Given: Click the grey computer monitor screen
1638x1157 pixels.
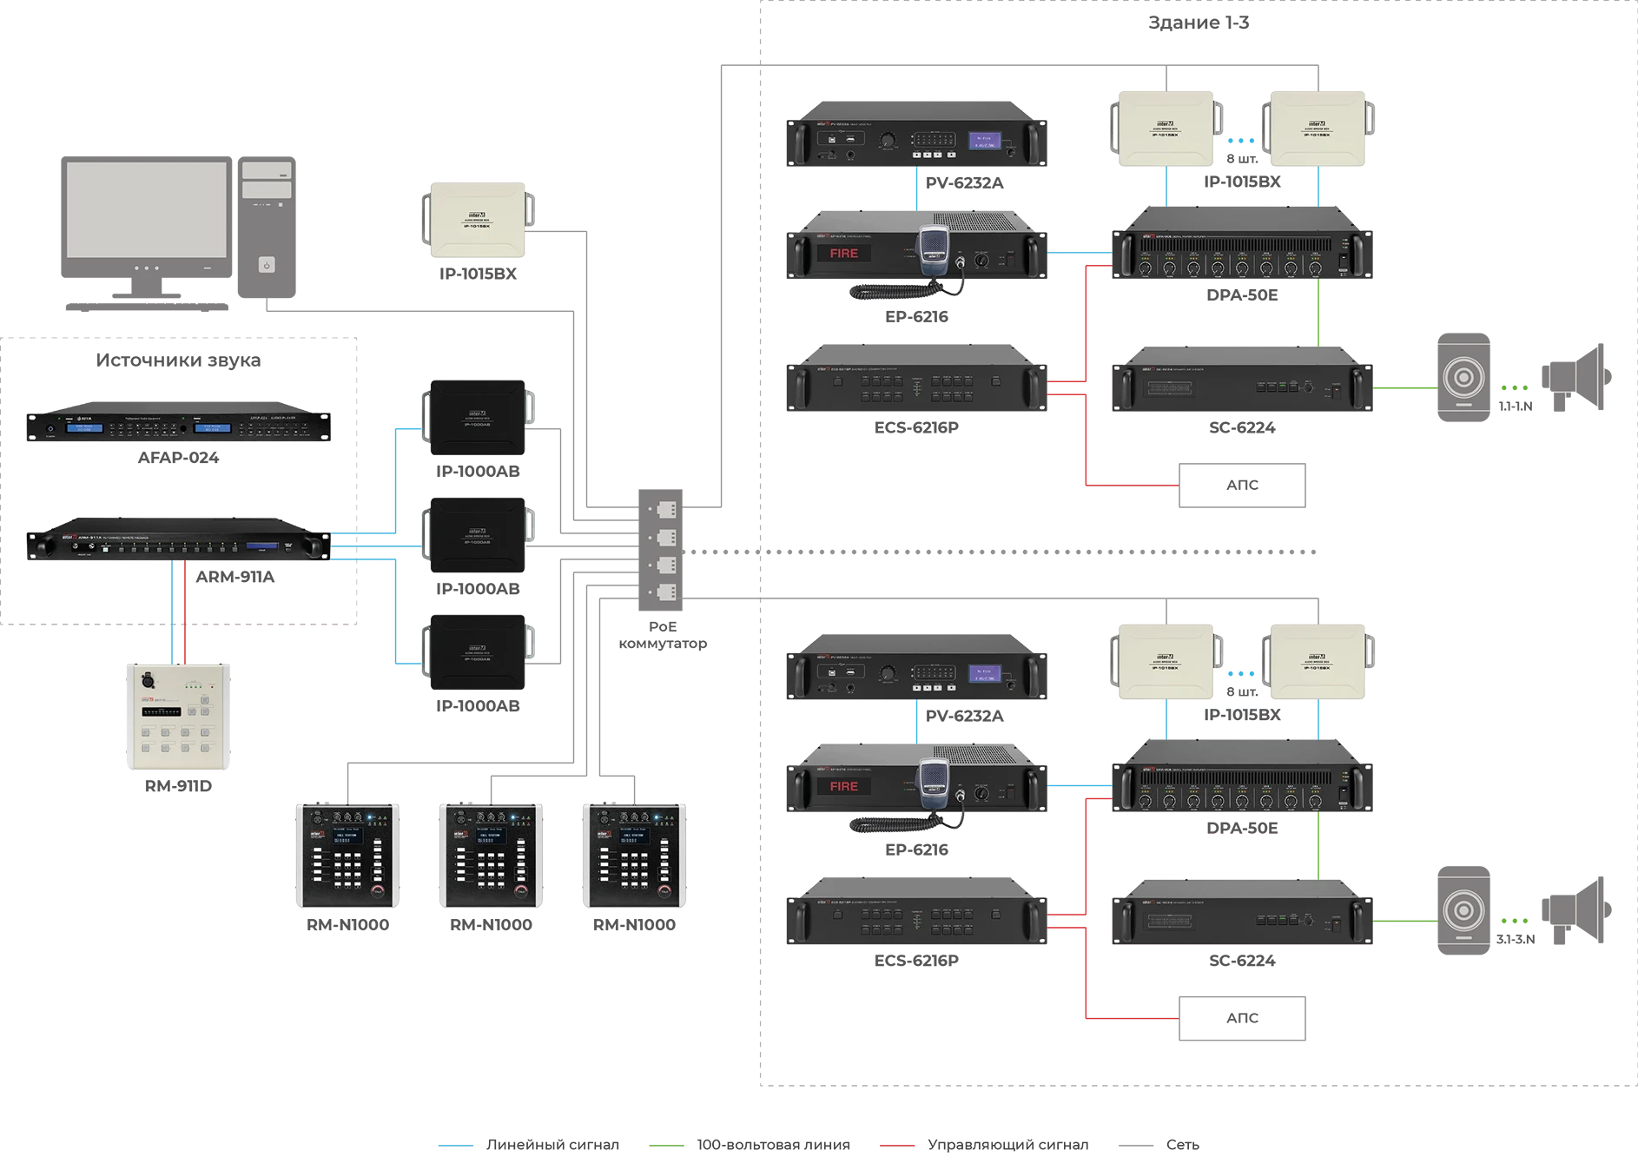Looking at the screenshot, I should pyautogui.click(x=146, y=209).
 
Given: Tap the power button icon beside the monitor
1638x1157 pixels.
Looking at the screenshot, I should pyautogui.click(x=267, y=265).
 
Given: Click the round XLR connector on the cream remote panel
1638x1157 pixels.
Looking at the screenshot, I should pyautogui.click(x=148, y=682).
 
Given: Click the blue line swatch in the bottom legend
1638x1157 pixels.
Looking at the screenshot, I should pyautogui.click(x=459, y=1143).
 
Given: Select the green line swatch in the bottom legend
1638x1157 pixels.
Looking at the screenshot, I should pyautogui.click(x=670, y=1143).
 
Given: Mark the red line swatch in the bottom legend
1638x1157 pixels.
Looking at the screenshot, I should pyautogui.click(x=899, y=1143).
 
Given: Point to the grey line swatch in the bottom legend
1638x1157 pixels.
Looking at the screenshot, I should pyautogui.click(x=1139, y=1143).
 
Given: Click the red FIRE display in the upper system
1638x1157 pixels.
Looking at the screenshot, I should pyautogui.click(x=843, y=254).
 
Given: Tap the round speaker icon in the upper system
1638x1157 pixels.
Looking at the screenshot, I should pyautogui.click(x=1464, y=378).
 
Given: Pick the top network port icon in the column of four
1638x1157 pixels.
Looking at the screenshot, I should pyautogui.click(x=666, y=509).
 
